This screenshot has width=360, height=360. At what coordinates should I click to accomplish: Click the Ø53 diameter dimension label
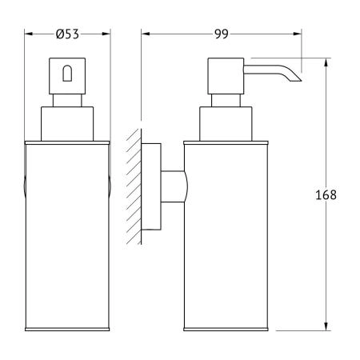pos(67,34)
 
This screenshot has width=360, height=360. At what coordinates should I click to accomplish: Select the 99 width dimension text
pos(222,34)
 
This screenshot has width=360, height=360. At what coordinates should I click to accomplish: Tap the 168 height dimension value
pos(326,195)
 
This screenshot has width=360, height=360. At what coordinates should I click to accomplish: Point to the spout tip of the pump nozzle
pos(301,81)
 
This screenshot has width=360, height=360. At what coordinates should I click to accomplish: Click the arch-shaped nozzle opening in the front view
pos(67,73)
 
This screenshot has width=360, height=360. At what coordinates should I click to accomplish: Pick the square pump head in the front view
pos(67,76)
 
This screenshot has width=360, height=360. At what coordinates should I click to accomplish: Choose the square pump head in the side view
pos(226,76)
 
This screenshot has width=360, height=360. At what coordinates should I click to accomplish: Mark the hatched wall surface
pos(134,186)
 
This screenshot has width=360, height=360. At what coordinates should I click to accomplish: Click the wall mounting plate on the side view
pos(151,186)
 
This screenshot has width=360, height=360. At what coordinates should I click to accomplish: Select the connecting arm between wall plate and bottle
pos(174,186)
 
